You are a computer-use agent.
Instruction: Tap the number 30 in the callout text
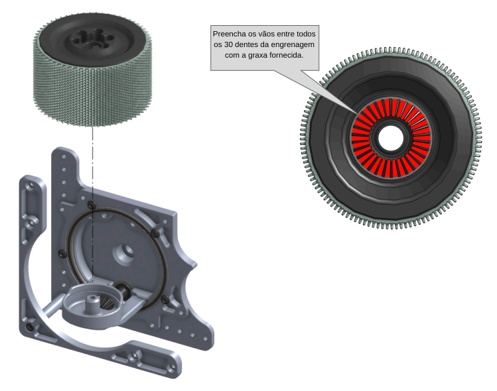(x=228, y=44)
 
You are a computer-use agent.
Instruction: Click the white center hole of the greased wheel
(x=390, y=138)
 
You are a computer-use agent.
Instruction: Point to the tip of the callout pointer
(x=357, y=112)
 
